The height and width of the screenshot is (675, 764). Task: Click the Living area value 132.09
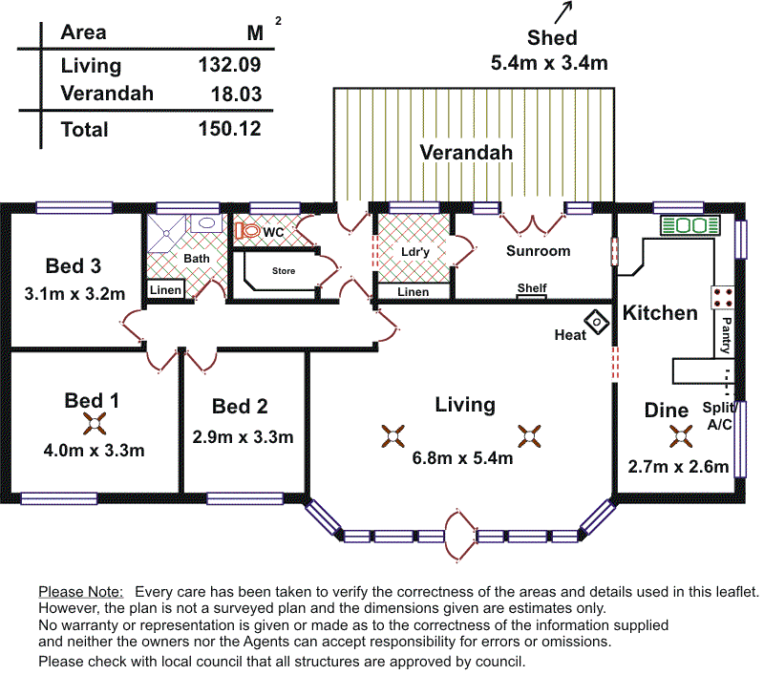228,65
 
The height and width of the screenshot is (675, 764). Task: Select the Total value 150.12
229,129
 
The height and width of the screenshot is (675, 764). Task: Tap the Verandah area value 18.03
235,94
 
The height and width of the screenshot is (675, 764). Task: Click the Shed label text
552,38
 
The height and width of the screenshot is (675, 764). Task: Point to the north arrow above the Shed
563,11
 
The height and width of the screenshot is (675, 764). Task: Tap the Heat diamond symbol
598,322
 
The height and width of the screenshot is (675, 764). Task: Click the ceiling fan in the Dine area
681,437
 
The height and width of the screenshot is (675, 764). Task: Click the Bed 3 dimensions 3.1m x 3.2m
74,293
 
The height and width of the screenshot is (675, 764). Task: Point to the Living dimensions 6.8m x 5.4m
463,457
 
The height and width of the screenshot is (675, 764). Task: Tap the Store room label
284,271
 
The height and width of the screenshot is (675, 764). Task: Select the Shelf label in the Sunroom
532,287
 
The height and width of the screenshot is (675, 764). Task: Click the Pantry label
728,335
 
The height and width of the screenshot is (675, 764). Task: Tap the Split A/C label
718,416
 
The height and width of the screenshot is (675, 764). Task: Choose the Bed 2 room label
240,407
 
